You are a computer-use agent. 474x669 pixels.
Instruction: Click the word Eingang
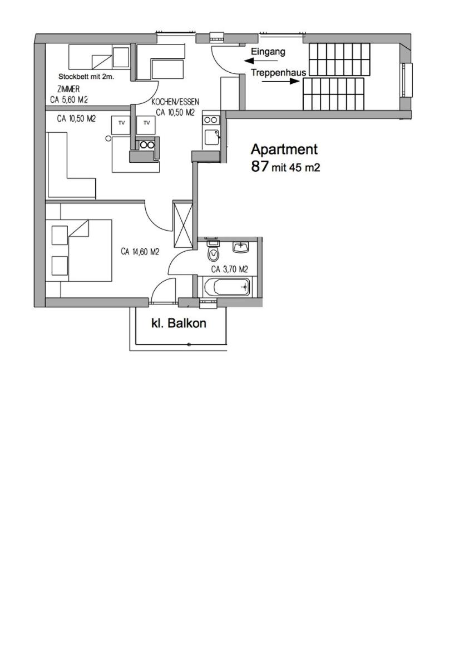268,52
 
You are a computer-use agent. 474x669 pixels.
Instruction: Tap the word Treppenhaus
278,72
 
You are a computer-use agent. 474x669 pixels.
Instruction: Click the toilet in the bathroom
213,253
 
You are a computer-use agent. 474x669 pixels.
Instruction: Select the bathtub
227,287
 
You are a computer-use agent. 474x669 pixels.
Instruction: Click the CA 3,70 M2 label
229,269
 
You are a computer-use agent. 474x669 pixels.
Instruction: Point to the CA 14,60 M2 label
140,252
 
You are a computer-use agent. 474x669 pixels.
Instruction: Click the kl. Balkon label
179,323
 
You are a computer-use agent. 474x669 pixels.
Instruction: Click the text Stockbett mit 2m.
86,77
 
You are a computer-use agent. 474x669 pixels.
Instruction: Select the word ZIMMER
68,89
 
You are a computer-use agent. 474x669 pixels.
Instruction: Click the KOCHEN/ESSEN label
175,102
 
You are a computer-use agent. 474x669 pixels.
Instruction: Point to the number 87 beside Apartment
260,166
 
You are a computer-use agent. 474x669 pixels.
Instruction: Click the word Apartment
284,149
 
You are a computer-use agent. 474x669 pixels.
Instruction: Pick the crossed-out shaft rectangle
182,224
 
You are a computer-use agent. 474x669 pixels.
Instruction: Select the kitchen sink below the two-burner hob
211,137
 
